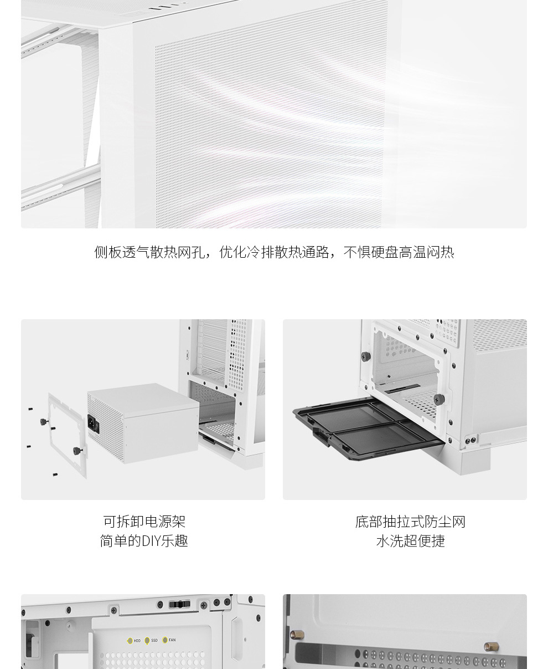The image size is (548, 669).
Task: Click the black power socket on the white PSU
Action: pos(93,424)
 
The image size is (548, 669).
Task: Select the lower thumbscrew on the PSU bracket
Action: pos(77,451)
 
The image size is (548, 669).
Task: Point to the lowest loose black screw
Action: pos(55,475)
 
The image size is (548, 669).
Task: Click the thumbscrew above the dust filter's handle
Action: pos(366,356)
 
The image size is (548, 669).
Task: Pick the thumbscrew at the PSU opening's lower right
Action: pos(439,399)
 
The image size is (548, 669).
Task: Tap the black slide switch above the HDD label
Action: pos(179,605)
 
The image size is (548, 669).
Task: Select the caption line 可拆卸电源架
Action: pos(144,522)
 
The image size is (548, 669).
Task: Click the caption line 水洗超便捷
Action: pos(411,541)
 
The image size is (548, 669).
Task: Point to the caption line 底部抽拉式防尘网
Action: pos(410,522)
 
